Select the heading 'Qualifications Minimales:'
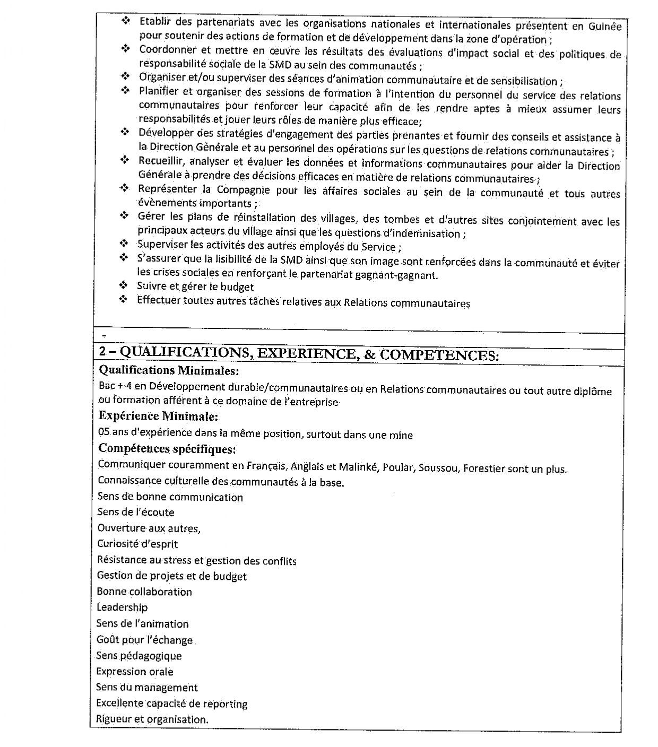click(x=169, y=370)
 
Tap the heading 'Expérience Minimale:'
click(x=158, y=416)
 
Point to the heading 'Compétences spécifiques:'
click(x=167, y=449)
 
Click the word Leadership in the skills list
click(x=122, y=607)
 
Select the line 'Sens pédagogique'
click(x=139, y=656)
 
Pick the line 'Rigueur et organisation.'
click(x=152, y=719)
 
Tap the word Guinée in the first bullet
click(x=605, y=26)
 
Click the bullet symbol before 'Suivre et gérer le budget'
click(x=124, y=286)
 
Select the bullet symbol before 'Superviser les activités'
click(x=124, y=244)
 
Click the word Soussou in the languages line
click(x=438, y=468)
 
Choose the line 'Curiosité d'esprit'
click(x=137, y=544)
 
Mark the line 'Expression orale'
click(x=135, y=672)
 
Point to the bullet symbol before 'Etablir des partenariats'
click(x=126, y=21)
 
